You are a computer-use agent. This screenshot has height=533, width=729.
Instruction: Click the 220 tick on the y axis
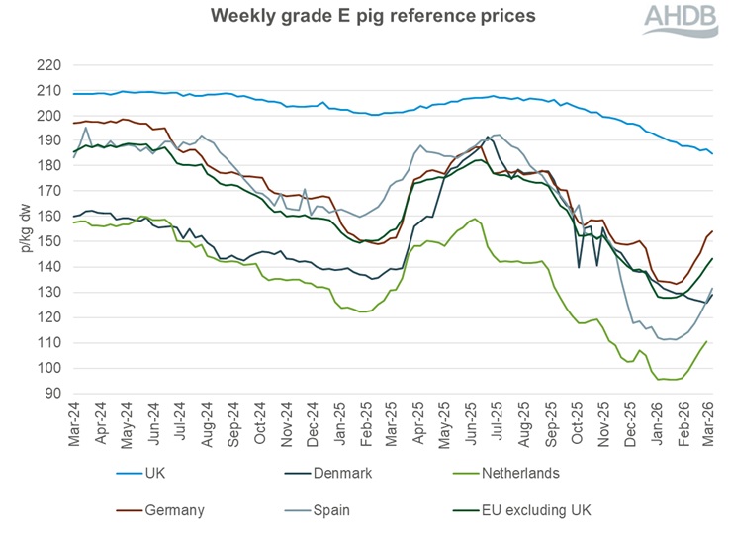tap(49, 65)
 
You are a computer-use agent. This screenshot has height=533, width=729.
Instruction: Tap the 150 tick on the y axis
tap(49, 242)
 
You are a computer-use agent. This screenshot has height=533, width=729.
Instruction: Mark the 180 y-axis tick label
tap(49, 166)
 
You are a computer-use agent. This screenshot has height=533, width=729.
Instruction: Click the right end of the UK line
tap(713, 153)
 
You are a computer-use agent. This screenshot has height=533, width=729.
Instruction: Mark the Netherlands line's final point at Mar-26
tap(706, 341)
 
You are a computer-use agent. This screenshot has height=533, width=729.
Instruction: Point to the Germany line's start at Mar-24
tap(74, 123)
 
